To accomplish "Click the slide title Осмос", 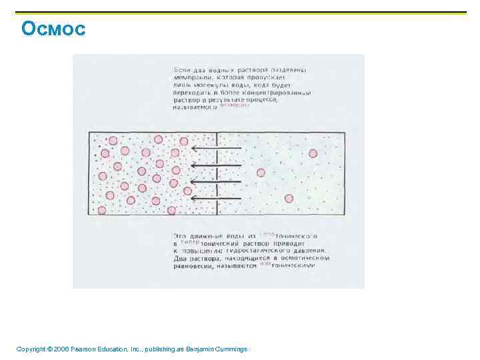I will click(x=53, y=29).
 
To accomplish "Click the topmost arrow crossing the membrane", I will click(x=215, y=148).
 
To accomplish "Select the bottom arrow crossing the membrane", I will click(x=215, y=198).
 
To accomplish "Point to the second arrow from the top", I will click(x=215, y=165).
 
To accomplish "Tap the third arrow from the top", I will click(x=215, y=182).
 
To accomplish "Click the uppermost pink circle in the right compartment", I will click(x=313, y=153).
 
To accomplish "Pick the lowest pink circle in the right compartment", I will click(x=289, y=198).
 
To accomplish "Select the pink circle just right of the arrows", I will click(x=261, y=172).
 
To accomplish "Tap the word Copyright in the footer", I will click(x=31, y=349).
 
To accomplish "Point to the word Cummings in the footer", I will click(x=230, y=349).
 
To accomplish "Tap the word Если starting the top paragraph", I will click(x=181, y=69).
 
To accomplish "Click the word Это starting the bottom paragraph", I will click(x=179, y=236).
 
